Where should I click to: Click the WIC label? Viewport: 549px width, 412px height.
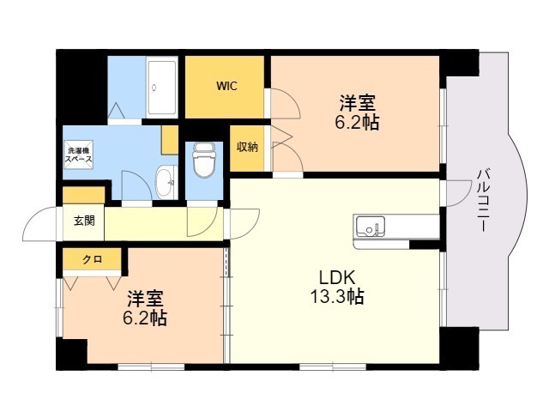tap(226, 86)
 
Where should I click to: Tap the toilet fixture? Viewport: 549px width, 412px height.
tap(204, 160)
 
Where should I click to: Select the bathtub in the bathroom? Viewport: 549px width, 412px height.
tap(162, 88)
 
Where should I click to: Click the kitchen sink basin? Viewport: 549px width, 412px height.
tap(370, 227)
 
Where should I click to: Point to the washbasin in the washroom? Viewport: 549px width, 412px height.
tap(166, 182)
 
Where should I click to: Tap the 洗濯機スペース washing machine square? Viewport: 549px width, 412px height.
tap(79, 154)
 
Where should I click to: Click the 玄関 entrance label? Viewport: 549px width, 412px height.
tap(84, 221)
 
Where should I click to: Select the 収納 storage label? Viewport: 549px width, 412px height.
tap(247, 147)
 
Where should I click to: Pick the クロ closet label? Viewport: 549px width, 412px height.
tap(92, 259)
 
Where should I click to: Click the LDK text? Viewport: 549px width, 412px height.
tap(337, 278)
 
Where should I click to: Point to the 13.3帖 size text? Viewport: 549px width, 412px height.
tap(337, 296)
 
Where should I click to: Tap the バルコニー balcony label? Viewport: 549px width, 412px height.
tap(484, 200)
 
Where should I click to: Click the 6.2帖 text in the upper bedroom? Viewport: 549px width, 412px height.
tap(357, 123)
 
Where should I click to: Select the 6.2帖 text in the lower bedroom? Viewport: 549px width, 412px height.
tap(145, 318)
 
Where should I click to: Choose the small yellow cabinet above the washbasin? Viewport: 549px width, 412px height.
tap(170, 140)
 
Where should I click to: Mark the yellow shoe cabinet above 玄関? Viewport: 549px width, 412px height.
tap(84, 195)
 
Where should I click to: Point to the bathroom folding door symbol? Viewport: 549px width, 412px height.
tap(117, 111)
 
